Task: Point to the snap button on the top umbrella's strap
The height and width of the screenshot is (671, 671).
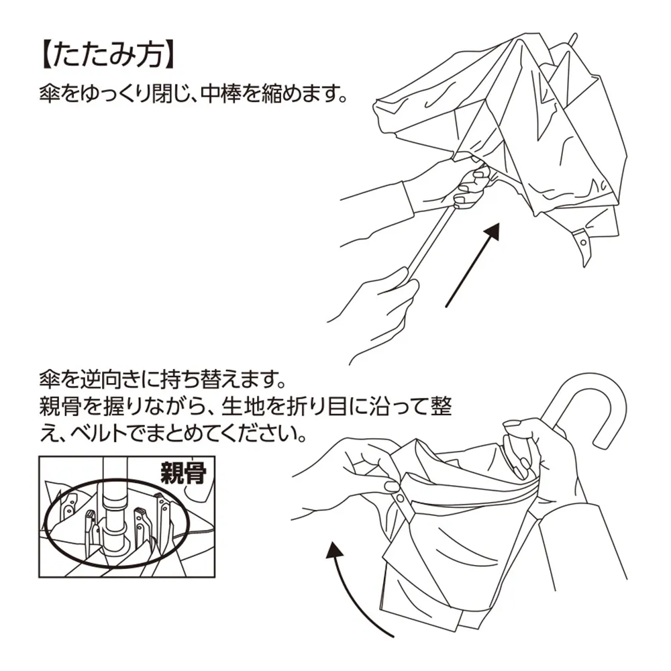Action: [582, 238]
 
